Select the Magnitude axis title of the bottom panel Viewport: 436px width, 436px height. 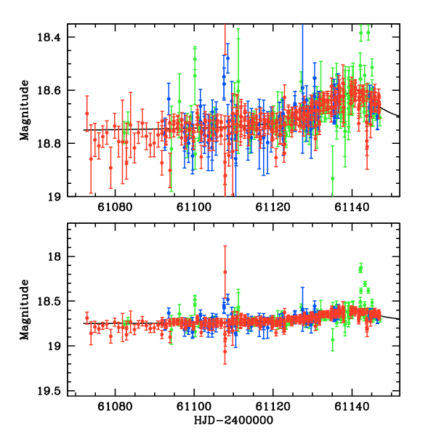click(25, 309)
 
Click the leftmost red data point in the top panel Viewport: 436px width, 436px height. click(86, 113)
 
